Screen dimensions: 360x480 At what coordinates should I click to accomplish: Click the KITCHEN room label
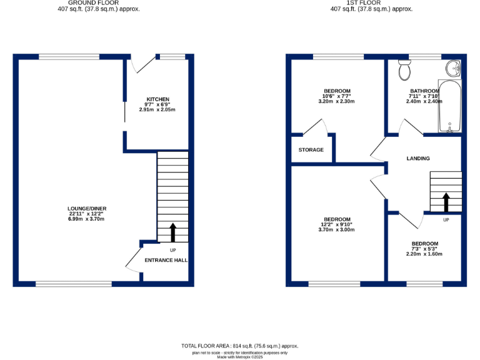click(157, 99)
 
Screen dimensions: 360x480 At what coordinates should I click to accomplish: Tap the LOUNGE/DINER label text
click(87, 209)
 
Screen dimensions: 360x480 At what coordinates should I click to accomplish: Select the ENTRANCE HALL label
click(166, 260)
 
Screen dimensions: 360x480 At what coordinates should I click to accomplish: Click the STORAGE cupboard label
click(311, 150)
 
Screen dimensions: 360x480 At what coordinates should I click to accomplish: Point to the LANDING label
click(418, 159)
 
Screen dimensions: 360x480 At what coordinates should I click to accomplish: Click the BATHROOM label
click(424, 91)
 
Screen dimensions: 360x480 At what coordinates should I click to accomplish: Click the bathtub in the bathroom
click(449, 106)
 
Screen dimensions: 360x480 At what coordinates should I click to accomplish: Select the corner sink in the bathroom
click(453, 67)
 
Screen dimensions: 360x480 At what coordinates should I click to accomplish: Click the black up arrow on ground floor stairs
click(172, 233)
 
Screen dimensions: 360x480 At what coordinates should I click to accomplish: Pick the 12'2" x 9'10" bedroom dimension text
click(336, 224)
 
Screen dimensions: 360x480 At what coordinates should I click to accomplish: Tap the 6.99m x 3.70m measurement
click(87, 219)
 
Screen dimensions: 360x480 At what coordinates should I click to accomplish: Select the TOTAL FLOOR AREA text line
click(240, 346)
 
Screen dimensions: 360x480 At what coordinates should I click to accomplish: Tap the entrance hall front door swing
click(133, 258)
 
